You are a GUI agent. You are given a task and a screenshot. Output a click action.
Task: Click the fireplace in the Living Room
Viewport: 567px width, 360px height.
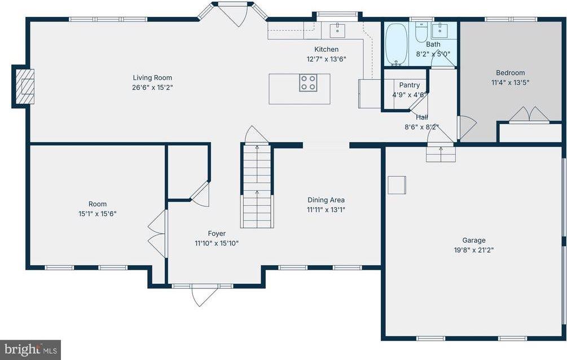24,86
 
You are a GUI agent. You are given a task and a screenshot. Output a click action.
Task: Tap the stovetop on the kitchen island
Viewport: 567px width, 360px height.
307,83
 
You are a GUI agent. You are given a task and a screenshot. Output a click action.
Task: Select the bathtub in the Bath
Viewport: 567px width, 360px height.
397,44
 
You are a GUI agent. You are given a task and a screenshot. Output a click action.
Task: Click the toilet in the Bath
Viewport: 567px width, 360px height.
421,33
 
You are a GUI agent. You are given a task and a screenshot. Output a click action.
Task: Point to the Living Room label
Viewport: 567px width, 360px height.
152,78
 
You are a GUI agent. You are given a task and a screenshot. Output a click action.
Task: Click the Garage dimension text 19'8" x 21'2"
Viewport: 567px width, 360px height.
474,249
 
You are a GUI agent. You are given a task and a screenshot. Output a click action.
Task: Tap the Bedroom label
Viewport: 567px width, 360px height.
510,73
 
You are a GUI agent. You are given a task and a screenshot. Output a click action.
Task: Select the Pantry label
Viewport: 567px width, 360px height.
409,85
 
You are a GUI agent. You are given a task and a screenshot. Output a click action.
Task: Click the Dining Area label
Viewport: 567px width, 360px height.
326,200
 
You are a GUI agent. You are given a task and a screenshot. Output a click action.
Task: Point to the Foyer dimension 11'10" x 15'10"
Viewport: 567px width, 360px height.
216,243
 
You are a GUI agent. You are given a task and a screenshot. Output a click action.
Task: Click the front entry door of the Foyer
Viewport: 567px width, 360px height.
202,295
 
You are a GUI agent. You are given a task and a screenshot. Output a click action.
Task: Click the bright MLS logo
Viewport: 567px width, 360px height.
30,349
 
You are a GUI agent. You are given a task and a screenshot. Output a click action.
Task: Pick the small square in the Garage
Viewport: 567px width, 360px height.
397,185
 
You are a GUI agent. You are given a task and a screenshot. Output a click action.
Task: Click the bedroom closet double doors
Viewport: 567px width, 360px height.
529,115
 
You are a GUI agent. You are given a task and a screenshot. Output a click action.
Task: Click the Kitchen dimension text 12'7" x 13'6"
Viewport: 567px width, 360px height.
326,59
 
